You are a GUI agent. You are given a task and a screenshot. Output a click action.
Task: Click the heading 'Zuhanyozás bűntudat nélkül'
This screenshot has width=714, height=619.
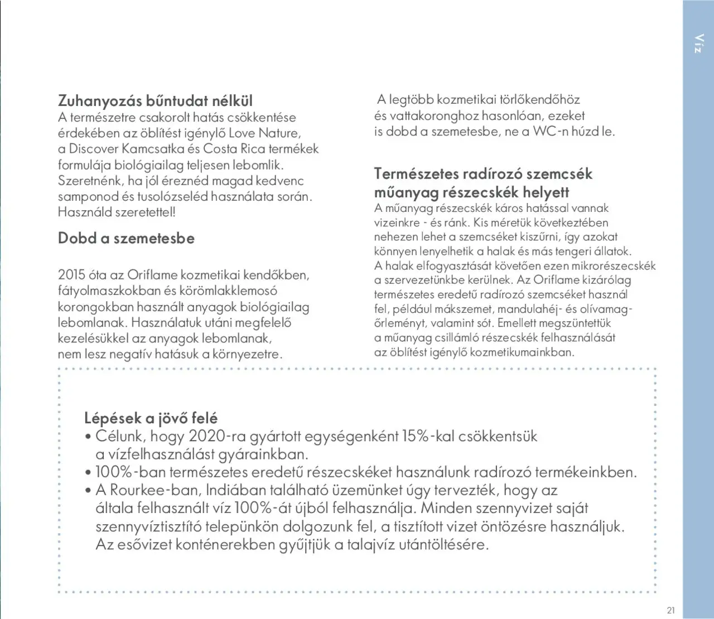click(x=155, y=101)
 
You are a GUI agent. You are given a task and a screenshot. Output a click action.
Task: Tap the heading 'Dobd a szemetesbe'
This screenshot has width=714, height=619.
click(x=126, y=238)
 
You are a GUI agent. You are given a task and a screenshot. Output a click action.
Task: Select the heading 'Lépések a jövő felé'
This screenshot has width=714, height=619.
click(x=151, y=418)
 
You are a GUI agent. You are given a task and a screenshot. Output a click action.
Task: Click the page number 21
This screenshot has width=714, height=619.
click(x=670, y=610)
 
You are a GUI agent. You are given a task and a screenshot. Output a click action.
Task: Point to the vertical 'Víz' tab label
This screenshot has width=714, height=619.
click(x=698, y=43)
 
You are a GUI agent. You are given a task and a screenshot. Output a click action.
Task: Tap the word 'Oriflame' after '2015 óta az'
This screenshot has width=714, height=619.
click(x=152, y=275)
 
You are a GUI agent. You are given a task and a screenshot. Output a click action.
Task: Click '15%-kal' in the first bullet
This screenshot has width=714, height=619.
click(x=428, y=436)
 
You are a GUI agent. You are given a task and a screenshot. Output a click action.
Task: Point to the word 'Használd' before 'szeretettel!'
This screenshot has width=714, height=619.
click(x=85, y=212)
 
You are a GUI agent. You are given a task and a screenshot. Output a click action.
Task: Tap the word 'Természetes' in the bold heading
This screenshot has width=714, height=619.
click(x=416, y=173)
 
